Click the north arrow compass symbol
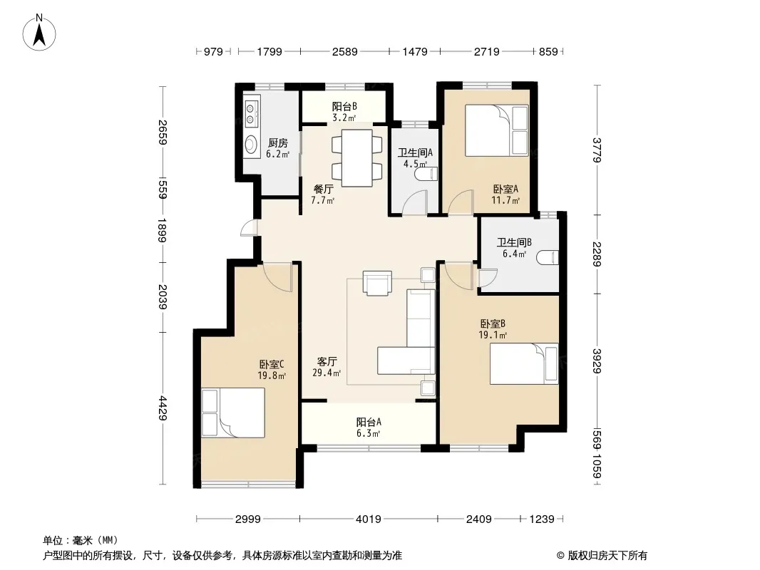pyautogui.click(x=38, y=33)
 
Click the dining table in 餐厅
pyautogui.click(x=356, y=158)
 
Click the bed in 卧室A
pyautogui.click(x=496, y=130)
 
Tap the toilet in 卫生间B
pyautogui.click(x=548, y=257)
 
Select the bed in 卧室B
pyautogui.click(x=524, y=363)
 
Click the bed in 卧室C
pyautogui.click(x=233, y=413)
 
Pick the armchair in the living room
pyautogui.click(x=377, y=283)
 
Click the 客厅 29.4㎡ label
pyautogui.click(x=327, y=367)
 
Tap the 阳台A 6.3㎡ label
pyautogui.click(x=369, y=427)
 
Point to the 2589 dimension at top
pyautogui.click(x=344, y=51)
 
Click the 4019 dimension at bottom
pyautogui.click(x=369, y=519)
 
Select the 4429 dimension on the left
pyautogui.click(x=163, y=408)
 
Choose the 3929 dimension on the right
pyautogui.click(x=597, y=361)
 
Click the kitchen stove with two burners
pyautogui.click(x=250, y=113)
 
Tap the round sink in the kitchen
pyautogui.click(x=251, y=144)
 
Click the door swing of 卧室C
pyautogui.click(x=278, y=278)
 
